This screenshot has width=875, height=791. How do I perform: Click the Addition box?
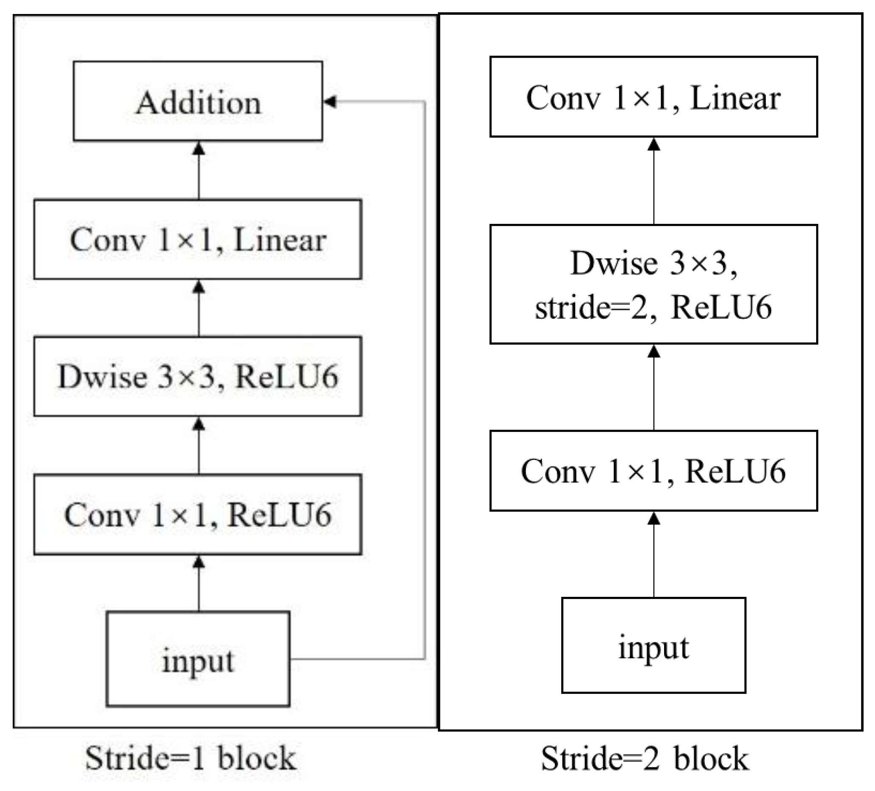[198, 101]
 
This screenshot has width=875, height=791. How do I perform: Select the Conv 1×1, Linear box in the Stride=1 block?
[198, 240]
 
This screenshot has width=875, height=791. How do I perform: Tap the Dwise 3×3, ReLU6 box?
[198, 376]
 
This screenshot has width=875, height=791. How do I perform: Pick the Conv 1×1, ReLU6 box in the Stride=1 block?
[198, 514]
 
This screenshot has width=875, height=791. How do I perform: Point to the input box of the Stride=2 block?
[653, 645]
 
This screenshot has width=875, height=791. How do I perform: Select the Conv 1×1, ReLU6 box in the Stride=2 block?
[653, 471]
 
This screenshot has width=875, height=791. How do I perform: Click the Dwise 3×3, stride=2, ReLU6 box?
[653, 284]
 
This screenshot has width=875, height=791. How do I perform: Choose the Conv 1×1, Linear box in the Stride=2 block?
[653, 97]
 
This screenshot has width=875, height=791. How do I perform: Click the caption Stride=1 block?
[191, 758]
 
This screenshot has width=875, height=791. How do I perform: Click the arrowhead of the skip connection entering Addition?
[330, 102]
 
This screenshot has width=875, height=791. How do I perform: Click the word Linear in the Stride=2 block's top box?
[735, 98]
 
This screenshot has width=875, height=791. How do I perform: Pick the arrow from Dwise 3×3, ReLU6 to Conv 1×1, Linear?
[199, 308]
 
